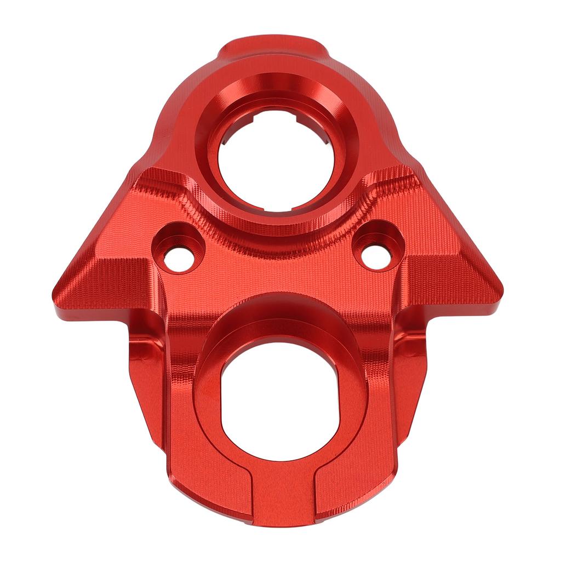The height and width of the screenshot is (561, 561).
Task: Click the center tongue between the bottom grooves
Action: click(x=283, y=499)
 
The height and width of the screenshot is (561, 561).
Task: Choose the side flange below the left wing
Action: click(x=145, y=373)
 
